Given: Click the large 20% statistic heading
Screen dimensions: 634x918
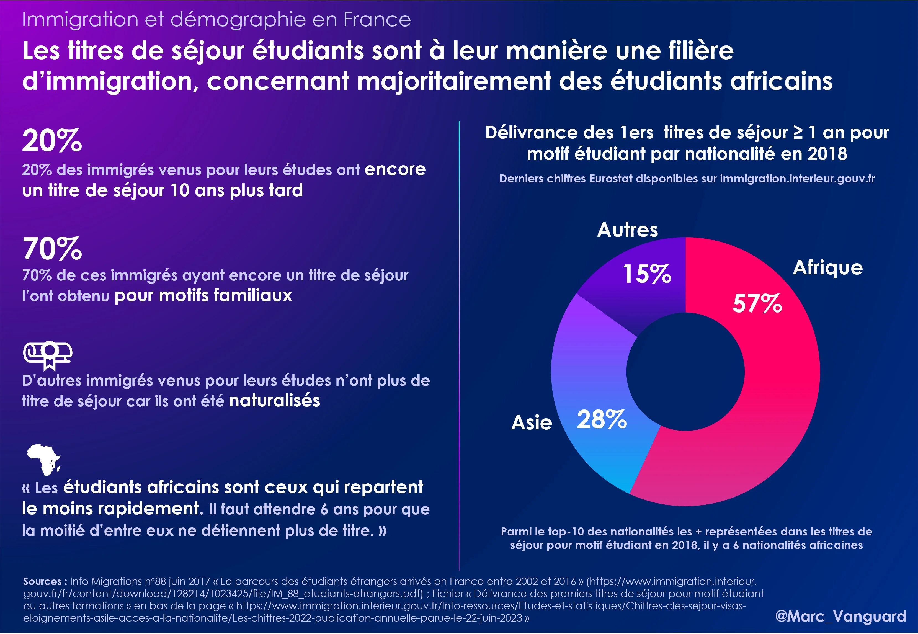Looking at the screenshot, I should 52,141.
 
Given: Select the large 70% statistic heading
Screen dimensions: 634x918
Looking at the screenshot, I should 52,249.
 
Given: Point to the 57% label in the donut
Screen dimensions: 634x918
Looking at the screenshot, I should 757,304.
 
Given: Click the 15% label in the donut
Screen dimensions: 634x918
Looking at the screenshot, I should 647,274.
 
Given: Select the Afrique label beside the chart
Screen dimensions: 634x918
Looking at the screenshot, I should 828,268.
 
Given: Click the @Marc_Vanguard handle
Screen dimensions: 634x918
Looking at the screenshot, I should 840,616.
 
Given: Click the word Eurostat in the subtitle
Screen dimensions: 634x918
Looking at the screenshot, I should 611,179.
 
